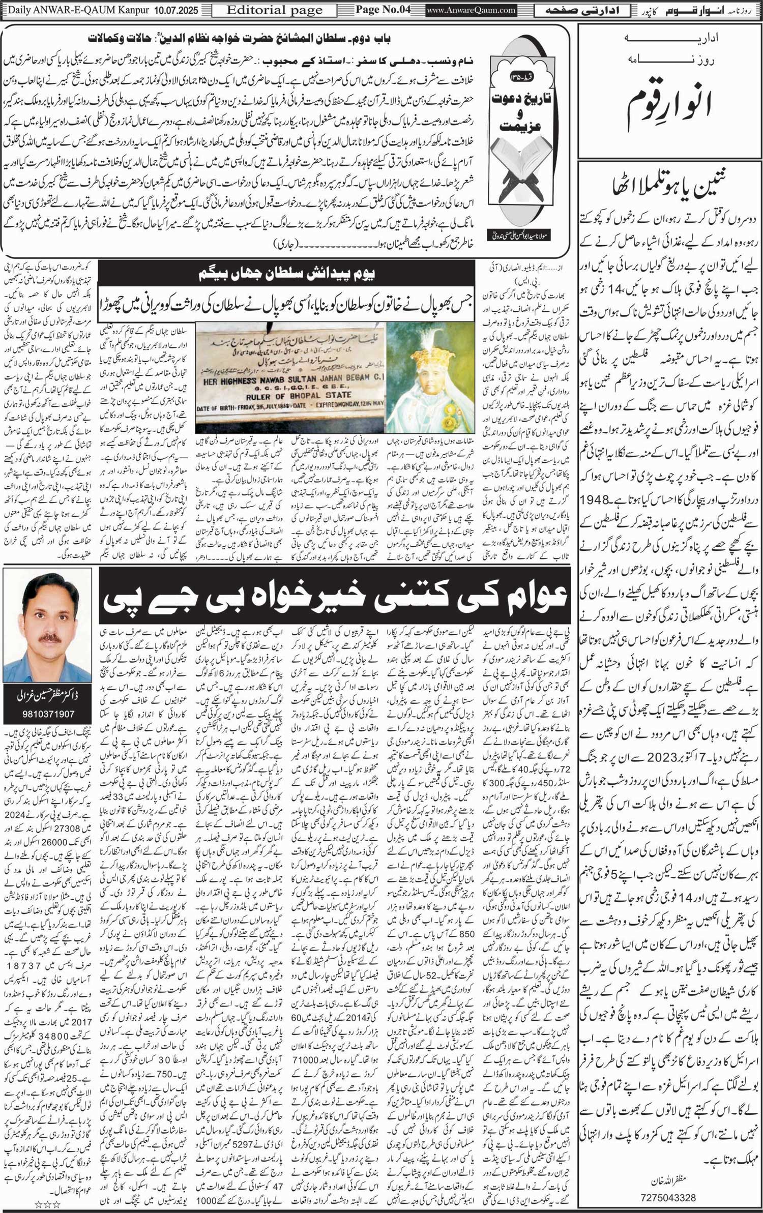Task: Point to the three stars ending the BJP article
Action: [47, 1201]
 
